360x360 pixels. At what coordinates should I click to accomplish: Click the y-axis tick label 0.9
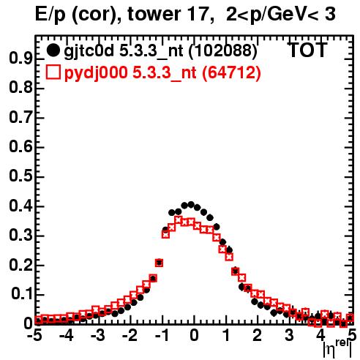20,59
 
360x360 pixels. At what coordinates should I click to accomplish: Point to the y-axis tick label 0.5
20,177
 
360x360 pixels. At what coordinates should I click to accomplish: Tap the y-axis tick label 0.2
20,266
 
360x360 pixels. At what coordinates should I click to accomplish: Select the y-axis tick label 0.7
20,118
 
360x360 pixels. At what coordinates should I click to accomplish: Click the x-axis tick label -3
98,335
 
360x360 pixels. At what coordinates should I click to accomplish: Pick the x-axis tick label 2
258,335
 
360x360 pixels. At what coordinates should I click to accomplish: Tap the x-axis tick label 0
194,335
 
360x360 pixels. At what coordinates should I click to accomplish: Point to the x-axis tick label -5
35,335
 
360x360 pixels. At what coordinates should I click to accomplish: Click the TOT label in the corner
308,50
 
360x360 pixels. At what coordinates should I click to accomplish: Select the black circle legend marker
53,50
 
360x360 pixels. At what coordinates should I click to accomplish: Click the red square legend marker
53,72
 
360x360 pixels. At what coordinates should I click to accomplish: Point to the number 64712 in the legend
231,73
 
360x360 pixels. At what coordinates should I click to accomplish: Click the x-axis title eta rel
337,348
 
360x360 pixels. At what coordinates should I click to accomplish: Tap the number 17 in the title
199,14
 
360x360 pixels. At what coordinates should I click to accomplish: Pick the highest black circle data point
191,204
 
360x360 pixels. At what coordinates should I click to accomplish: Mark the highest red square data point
179,220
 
